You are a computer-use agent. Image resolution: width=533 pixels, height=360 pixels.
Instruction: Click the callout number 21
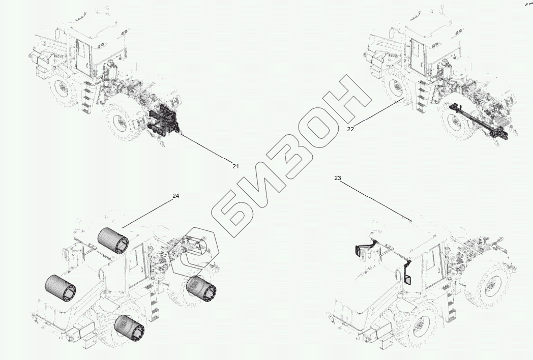coord(235,166)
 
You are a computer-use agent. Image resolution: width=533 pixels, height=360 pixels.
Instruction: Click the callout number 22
coord(350,129)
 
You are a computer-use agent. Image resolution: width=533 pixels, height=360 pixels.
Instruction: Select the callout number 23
coord(338,178)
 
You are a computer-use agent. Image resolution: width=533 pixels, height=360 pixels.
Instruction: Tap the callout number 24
coord(176,196)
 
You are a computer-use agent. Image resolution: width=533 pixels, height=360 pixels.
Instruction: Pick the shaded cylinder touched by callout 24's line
coord(113,241)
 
